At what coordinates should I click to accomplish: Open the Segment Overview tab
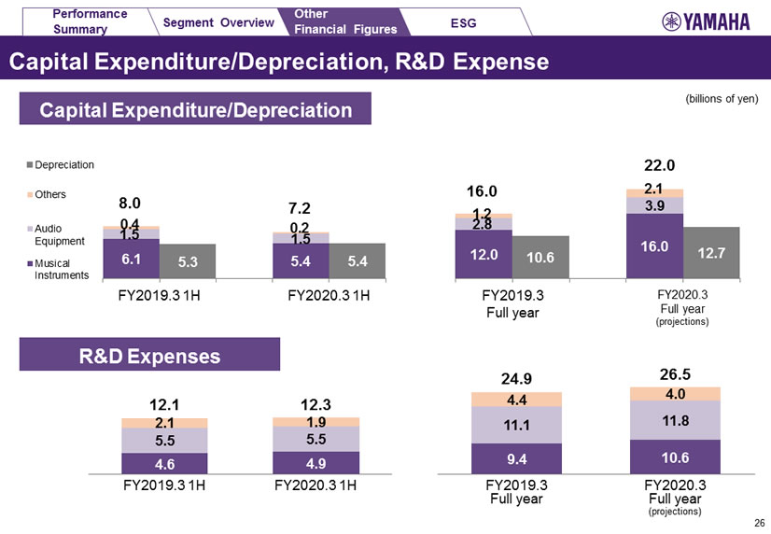pyautogui.click(x=218, y=21)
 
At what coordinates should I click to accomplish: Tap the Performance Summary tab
pyautogui.click(x=91, y=21)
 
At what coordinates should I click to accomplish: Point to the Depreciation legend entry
pyautogui.click(x=63, y=165)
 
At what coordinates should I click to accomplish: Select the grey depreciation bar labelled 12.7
pyautogui.click(x=711, y=252)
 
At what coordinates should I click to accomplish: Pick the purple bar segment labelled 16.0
pyautogui.click(x=654, y=246)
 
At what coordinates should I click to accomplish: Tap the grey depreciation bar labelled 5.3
pyautogui.click(x=188, y=261)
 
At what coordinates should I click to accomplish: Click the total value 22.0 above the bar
pyautogui.click(x=659, y=165)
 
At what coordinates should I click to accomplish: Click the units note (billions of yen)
pyautogui.click(x=721, y=99)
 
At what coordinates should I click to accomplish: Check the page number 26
pyautogui.click(x=758, y=523)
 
